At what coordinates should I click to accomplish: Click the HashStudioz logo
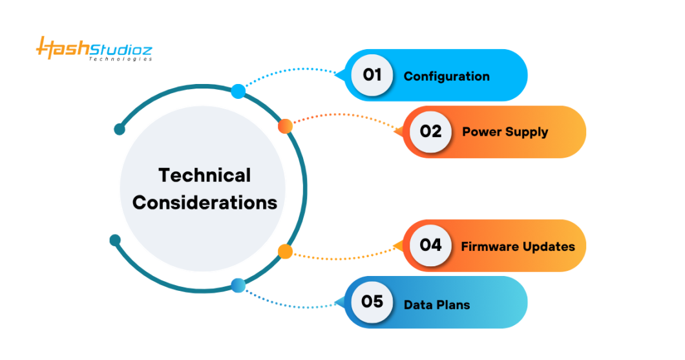[x=94, y=48]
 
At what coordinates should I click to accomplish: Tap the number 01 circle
[x=372, y=75]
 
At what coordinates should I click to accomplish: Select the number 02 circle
[x=430, y=131]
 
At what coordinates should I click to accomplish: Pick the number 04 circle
[x=430, y=245]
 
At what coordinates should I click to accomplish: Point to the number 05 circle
[x=372, y=302]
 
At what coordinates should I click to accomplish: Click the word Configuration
[x=447, y=76]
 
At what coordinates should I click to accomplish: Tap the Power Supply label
[x=505, y=132]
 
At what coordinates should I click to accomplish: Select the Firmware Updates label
[x=518, y=246]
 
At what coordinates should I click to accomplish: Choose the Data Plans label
[x=437, y=304]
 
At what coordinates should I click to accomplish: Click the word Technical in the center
[x=205, y=175]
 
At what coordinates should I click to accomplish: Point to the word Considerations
[x=205, y=202]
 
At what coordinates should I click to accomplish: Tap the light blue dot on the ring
[x=238, y=91]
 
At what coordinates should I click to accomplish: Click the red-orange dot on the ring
[x=285, y=126]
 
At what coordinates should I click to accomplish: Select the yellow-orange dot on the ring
[x=285, y=251]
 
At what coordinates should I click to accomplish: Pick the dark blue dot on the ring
[x=238, y=285]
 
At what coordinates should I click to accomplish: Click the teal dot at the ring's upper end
[x=120, y=129]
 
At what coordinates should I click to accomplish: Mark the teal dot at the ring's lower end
[x=115, y=240]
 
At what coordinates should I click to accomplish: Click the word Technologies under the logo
[x=120, y=59]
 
